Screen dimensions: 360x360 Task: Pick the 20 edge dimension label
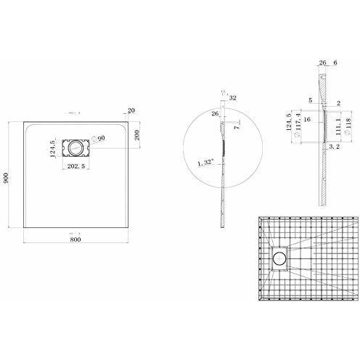click(x=131, y=111)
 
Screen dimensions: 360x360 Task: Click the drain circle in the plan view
click(x=75, y=147)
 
